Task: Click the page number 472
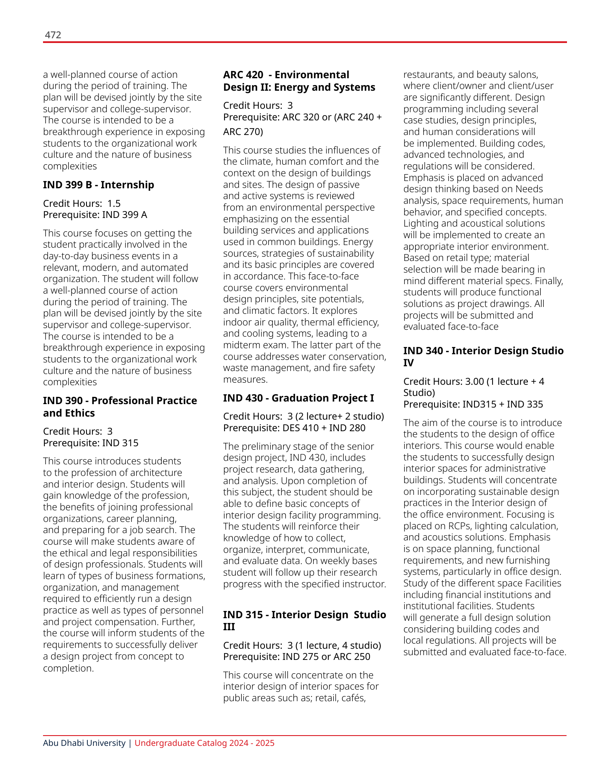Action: [53, 35]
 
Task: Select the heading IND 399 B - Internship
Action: [98, 185]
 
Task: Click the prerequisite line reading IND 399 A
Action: [95, 215]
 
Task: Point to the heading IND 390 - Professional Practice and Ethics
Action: [120, 407]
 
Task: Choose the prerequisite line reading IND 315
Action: [91, 443]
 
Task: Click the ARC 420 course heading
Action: [299, 81]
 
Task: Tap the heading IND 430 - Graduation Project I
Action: [298, 398]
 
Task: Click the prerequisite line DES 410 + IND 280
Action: [294, 428]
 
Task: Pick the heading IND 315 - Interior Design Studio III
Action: [304, 620]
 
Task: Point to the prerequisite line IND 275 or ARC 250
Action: [296, 656]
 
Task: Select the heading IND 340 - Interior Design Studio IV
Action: [483, 356]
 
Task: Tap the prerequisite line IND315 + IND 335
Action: [473, 404]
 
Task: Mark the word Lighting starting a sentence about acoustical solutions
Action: [419, 224]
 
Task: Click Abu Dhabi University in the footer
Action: [84, 743]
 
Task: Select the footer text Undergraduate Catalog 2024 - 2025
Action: [204, 743]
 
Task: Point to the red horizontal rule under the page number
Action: [305, 42]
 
